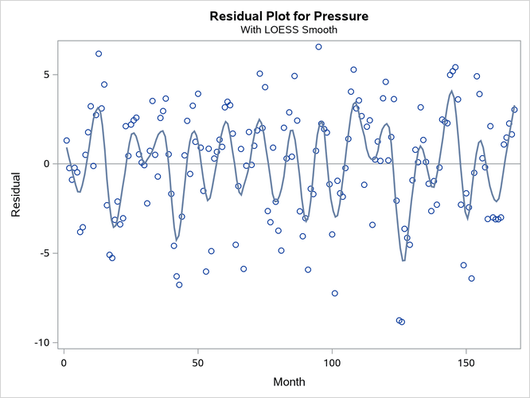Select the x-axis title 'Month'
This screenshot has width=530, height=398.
tap(289, 382)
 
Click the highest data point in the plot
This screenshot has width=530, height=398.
tap(318, 47)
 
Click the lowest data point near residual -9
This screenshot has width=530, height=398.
tap(402, 322)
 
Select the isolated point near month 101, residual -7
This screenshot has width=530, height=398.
tap(335, 293)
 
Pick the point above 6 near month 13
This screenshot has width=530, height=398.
tap(99, 54)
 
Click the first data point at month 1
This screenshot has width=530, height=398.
tap(67, 140)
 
